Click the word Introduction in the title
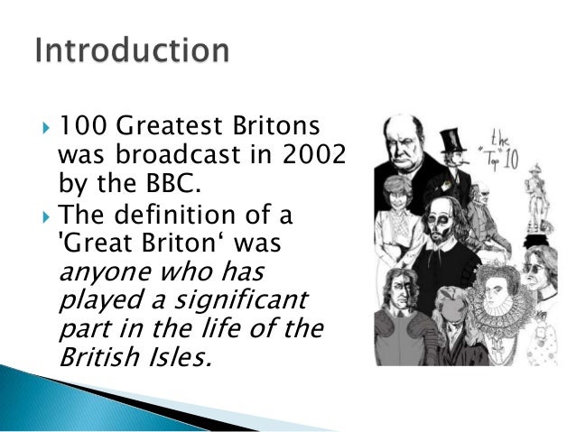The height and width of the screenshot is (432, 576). click(132, 51)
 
